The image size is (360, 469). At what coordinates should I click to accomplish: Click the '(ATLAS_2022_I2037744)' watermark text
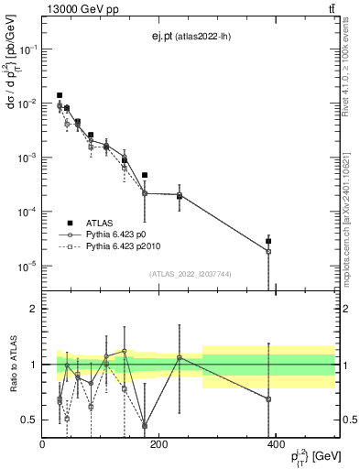click(x=191, y=274)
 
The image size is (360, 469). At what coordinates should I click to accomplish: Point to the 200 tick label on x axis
click(x=159, y=445)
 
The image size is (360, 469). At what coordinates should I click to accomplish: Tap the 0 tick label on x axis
click(x=43, y=445)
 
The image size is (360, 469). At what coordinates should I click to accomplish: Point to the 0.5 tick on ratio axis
click(x=29, y=420)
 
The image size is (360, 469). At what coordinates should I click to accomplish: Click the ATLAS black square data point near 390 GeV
click(x=268, y=241)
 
